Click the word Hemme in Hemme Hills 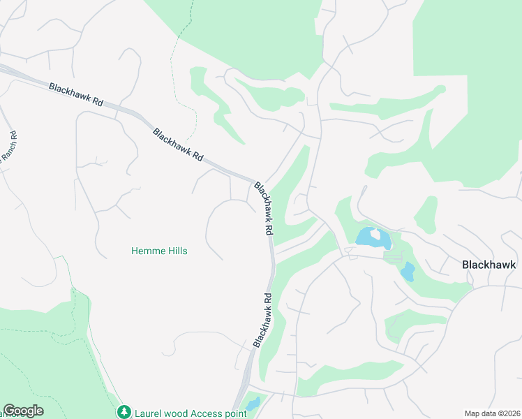146,251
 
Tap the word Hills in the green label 175,251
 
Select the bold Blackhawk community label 489,265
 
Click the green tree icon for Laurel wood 124,412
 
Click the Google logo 23,411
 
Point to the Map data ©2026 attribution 492,413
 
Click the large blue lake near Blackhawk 368,237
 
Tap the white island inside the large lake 377,235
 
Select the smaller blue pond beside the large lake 408,271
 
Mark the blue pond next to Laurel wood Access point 253,404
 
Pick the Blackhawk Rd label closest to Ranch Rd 76,94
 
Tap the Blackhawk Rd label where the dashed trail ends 178,145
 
